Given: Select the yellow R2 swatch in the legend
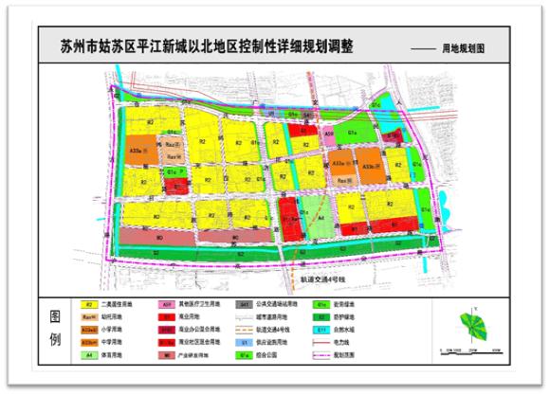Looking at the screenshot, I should coord(88,305).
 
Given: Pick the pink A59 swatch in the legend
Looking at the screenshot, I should coord(160,305).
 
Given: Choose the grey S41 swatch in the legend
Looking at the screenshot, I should coord(243,305).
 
